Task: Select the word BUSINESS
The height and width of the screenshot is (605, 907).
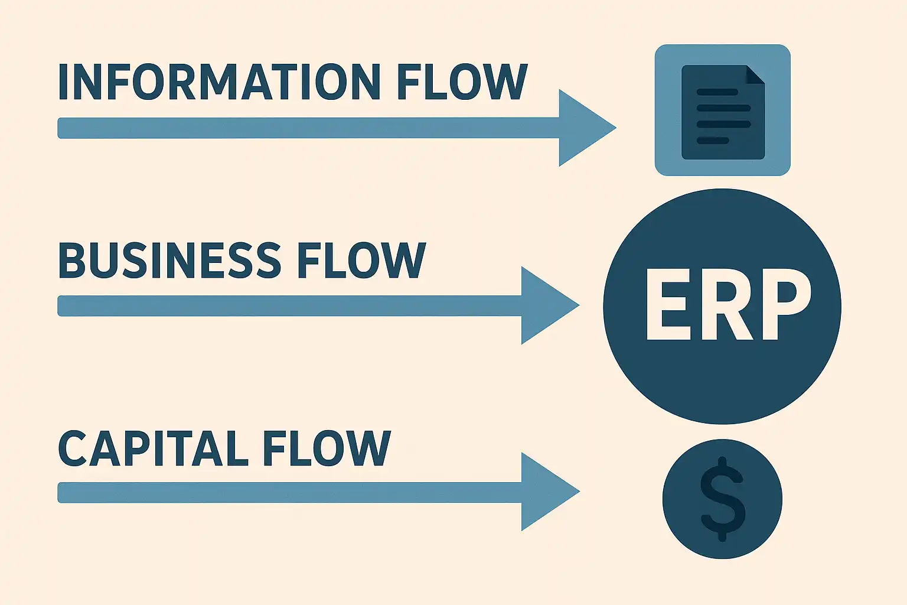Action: tap(169, 260)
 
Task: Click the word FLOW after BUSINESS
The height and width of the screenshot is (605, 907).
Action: tap(361, 260)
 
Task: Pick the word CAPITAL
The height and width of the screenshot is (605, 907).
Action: tap(154, 448)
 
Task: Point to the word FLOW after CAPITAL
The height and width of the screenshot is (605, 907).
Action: tap(327, 448)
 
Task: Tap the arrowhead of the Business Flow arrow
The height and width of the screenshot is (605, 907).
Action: tap(545, 305)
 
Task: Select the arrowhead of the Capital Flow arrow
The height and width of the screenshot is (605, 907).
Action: tap(545, 492)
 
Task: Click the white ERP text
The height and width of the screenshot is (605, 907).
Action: tap(727, 305)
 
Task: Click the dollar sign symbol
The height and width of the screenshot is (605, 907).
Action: tap(722, 499)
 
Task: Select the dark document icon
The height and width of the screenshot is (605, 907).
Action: tap(723, 112)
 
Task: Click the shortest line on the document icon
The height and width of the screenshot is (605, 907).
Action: tap(713, 141)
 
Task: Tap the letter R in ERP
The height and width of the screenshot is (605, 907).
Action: tap(724, 305)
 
